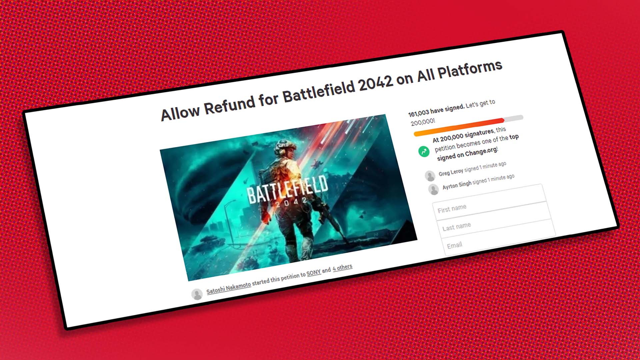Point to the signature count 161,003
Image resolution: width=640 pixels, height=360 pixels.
click(x=419, y=113)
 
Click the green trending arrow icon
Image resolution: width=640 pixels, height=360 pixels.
click(x=424, y=151)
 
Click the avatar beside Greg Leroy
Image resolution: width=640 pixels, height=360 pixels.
click(x=430, y=175)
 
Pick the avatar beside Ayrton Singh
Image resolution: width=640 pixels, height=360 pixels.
click(x=434, y=189)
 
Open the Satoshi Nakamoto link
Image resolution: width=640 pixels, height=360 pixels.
click(x=229, y=288)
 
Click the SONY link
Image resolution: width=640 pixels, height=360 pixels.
click(x=314, y=273)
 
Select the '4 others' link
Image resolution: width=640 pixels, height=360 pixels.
click(x=342, y=267)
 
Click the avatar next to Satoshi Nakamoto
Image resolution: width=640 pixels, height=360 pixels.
click(x=197, y=294)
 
